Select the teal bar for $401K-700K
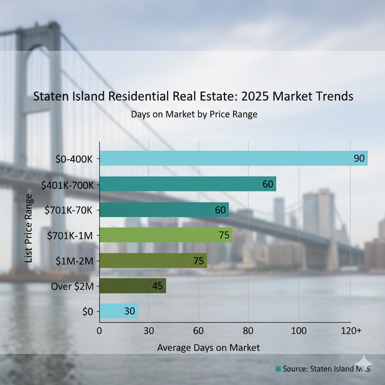188,184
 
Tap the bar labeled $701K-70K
164,209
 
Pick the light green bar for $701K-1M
166,235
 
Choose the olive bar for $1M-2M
153,261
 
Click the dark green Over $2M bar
132,286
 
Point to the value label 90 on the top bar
359,158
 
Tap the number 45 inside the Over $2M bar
157,286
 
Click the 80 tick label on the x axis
248,331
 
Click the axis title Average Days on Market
208,347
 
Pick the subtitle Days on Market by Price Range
194,114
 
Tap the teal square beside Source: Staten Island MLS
278,369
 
